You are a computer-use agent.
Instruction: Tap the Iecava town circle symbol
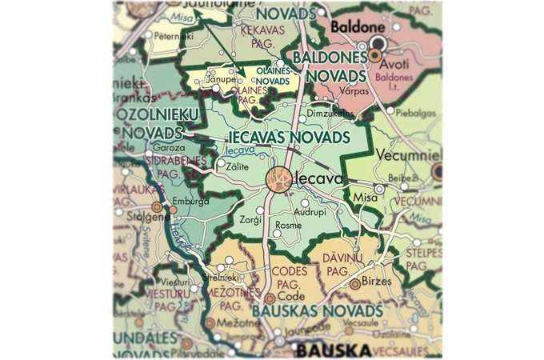click(x=279, y=180)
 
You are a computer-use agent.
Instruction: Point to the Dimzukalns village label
click(x=330, y=114)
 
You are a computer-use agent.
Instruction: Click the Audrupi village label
click(x=311, y=213)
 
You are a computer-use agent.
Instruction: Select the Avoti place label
click(x=403, y=56)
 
